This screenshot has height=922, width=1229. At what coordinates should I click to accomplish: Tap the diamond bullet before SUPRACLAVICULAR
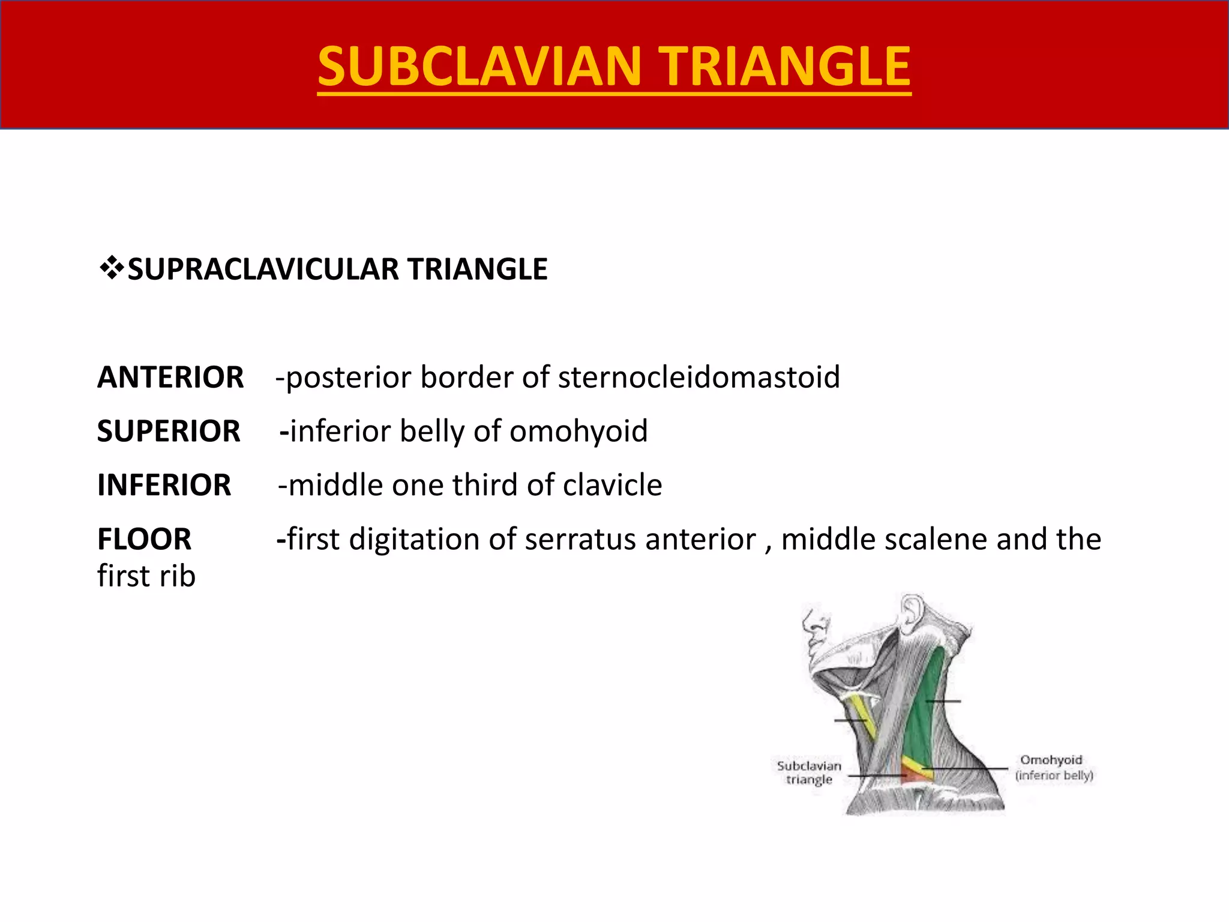pos(110,268)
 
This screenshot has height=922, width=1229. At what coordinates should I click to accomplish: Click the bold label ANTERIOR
pos(170,378)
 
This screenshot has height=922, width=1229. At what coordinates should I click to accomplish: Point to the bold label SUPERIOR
pos(169,432)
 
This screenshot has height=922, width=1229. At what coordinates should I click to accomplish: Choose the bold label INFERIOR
pos(164,485)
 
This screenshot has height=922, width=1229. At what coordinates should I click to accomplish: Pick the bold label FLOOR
pos(144,539)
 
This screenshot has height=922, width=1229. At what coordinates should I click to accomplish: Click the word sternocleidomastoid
pos(699,378)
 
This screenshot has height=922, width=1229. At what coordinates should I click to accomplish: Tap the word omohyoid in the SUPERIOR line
pos(578,432)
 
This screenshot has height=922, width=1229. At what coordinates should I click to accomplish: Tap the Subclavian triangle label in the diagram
pos(809,773)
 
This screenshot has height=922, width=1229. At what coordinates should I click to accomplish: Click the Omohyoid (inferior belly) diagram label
pos(1054,768)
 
